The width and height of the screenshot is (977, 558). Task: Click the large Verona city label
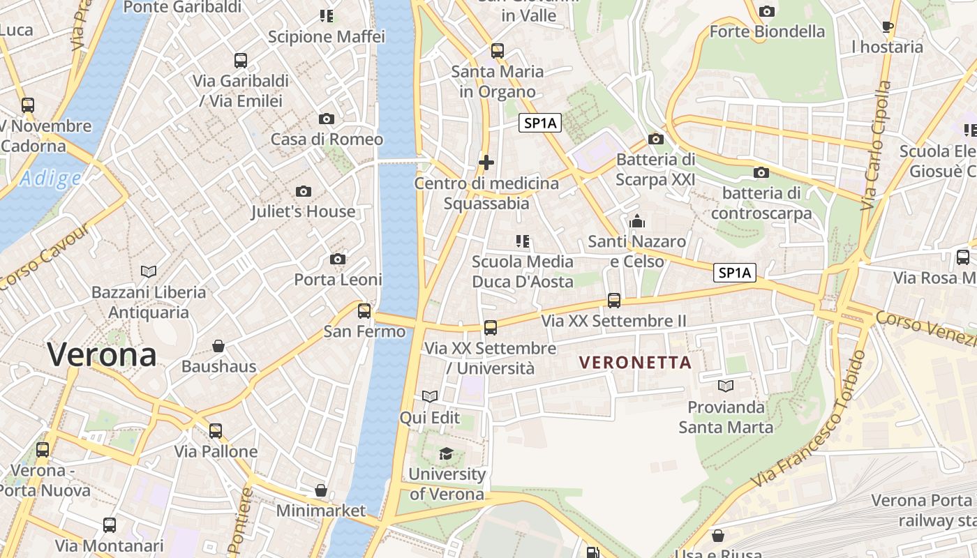102,355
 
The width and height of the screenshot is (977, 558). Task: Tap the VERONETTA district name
635,363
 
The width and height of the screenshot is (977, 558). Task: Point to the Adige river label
50,179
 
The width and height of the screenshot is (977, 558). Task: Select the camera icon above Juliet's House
304,191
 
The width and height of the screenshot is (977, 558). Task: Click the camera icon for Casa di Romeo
326,119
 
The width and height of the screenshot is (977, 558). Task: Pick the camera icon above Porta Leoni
338,259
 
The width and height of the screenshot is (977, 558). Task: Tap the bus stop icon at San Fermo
364,311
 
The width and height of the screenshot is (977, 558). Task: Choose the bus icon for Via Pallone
216,431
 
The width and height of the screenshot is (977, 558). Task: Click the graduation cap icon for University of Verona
446,454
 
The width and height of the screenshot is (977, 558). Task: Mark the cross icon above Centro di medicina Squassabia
486,163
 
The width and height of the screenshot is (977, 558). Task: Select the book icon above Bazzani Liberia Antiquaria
149,271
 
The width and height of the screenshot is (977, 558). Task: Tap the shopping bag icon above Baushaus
218,346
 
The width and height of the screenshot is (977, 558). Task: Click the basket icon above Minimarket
321,490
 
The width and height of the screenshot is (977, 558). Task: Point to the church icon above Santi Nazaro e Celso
636,222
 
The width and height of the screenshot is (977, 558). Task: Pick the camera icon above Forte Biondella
767,11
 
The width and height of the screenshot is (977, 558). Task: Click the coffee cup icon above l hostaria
887,27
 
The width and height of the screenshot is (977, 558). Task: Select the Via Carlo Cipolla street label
877,146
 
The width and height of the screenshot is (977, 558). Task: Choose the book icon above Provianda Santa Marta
726,386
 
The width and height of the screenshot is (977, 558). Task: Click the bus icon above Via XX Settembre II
614,301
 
